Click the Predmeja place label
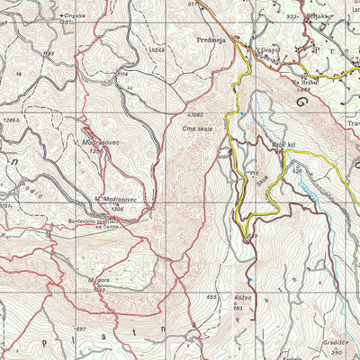tap(211, 40)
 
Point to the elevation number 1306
tap(116, 209)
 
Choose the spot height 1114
tap(123, 74)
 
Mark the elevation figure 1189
tap(47, 54)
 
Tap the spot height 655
tap(212, 296)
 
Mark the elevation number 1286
tap(10, 119)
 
